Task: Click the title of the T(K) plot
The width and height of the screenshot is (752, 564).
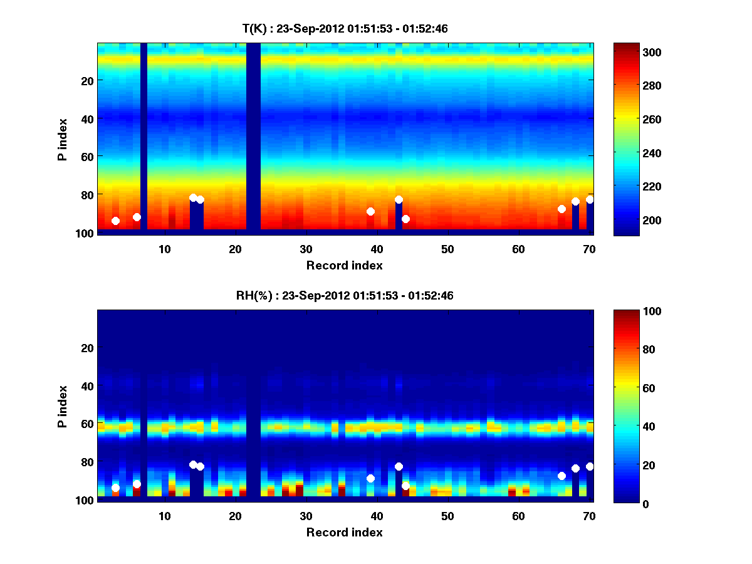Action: coord(345,28)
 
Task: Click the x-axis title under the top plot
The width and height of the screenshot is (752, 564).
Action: coord(345,265)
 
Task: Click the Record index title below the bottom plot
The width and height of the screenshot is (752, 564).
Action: coord(345,532)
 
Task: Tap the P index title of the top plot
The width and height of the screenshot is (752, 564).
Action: coord(63,138)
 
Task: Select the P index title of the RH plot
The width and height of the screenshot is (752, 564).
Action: coord(63,406)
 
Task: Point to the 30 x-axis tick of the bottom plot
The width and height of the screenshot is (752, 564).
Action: coord(306,516)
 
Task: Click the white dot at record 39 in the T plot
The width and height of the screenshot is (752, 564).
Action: coord(370,211)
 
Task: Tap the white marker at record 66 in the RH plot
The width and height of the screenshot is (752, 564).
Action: coord(561,476)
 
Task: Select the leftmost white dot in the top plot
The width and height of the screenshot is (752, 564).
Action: coord(115,221)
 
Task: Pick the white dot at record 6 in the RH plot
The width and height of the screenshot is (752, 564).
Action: coord(137,484)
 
